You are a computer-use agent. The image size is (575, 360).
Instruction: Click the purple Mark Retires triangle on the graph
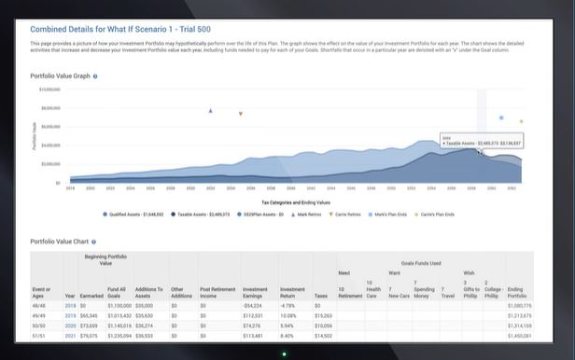[210, 110]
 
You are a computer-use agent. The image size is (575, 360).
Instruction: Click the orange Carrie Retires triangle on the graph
[240, 114]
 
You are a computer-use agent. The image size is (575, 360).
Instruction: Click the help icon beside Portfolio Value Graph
[94, 75]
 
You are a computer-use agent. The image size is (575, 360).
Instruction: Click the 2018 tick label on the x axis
[70, 187]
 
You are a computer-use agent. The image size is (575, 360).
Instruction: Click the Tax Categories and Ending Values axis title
[296, 201]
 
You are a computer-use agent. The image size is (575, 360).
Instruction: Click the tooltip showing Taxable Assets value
[482, 141]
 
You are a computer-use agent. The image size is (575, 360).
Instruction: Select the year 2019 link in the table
[70, 316]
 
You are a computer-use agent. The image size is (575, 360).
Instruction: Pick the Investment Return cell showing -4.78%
[287, 305]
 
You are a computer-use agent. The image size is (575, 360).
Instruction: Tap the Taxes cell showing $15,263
[324, 316]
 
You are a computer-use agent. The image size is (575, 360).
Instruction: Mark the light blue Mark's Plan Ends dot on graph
[501, 118]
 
